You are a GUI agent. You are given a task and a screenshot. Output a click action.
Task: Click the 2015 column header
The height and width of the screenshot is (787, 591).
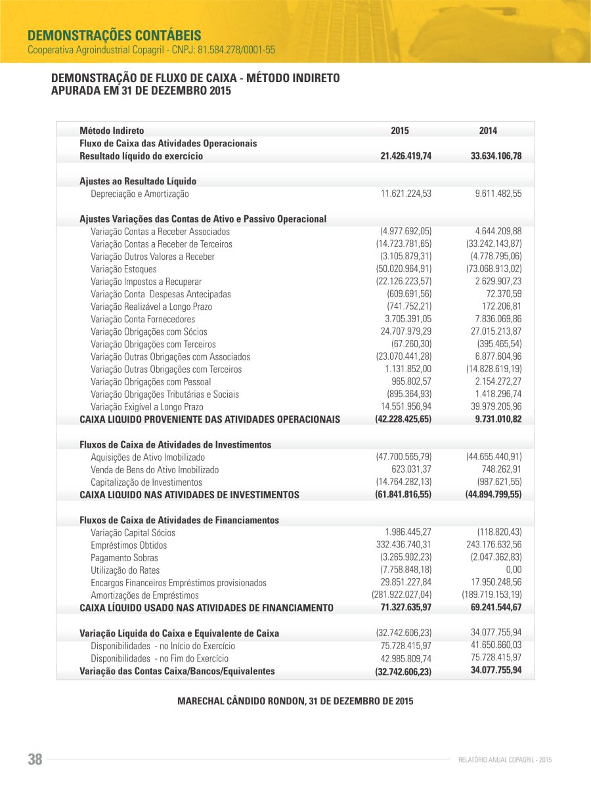tap(399, 131)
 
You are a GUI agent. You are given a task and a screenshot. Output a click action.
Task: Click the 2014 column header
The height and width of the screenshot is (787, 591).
tap(488, 131)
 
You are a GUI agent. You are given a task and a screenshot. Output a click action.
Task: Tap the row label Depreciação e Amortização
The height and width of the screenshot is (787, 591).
tap(139, 194)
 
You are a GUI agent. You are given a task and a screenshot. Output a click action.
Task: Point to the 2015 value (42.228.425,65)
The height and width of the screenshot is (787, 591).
tap(403, 419)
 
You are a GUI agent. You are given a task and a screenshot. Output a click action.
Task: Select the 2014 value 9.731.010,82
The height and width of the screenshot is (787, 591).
tap(498, 419)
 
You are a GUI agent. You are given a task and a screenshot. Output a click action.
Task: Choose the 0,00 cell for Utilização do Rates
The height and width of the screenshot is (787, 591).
tap(514, 570)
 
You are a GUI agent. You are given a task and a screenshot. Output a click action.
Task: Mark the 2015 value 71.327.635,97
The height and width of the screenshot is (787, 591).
tap(406, 608)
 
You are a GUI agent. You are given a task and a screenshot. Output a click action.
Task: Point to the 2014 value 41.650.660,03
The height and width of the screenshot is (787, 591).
tap(496, 646)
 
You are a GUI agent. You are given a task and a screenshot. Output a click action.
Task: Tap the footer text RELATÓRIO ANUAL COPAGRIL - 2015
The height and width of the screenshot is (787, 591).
tap(504, 760)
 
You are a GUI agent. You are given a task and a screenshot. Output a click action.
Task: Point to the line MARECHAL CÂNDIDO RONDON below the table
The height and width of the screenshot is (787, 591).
tap(295, 702)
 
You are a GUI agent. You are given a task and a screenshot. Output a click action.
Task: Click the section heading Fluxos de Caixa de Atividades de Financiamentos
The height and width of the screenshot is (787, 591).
tap(179, 520)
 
